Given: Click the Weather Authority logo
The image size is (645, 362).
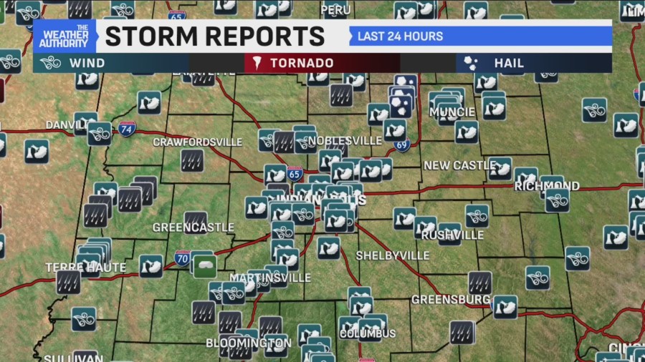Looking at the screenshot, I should point(64,36).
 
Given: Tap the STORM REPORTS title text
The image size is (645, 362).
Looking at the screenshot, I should point(215,35).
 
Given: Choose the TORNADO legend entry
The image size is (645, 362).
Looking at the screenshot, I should point(301,63).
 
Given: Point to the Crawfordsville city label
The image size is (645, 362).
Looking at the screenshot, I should point(198,142).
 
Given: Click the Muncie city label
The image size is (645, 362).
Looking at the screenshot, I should point(451,112).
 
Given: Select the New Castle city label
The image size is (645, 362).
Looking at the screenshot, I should point(459,165).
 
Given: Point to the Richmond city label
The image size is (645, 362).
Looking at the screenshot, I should point(547,186).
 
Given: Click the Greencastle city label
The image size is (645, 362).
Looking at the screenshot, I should point(193,228).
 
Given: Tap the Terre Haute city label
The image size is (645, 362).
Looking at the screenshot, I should point(86,268).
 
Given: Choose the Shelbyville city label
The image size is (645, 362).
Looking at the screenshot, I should point(393,255).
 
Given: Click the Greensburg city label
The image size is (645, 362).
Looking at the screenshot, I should point(451,299).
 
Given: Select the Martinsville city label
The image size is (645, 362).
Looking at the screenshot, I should point(270,278).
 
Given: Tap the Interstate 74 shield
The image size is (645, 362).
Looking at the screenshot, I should point(127,129).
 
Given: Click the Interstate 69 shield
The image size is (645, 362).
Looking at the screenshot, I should point(401,146).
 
